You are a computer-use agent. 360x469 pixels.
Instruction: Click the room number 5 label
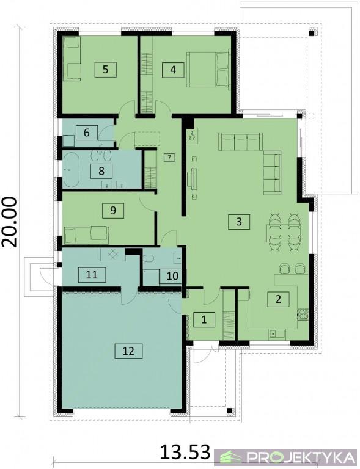pos(105,70)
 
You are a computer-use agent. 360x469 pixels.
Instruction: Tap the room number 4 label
pos(173,70)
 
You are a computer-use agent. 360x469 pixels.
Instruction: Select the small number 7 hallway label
pos(169,157)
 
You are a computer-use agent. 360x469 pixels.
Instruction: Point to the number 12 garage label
pos(128,351)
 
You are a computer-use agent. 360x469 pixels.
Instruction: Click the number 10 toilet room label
pos(172,276)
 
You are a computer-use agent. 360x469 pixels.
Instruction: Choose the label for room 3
pos(239,222)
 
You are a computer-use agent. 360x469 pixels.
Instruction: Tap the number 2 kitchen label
pos(278,299)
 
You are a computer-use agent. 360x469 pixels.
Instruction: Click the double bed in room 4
pos(208,70)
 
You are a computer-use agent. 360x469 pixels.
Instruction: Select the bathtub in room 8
pos(72,170)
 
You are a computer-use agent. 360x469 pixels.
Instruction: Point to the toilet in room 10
pos(149,258)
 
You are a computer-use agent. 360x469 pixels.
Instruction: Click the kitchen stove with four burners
pos(303,314)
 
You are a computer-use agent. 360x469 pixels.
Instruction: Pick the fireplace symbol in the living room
pos(191,136)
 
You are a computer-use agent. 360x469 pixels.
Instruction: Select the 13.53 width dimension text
pos(185,452)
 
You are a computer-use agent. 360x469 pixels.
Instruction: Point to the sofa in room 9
pos(86,234)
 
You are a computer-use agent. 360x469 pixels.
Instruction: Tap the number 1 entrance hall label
pos(204,320)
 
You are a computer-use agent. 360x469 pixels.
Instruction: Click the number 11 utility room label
pos(92,275)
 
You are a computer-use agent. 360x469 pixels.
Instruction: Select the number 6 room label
pos(87,133)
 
